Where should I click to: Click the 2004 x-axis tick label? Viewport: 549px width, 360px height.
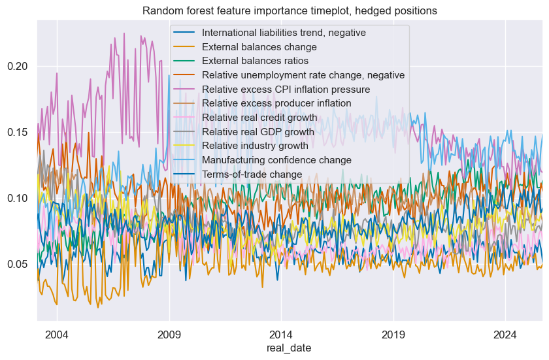57,333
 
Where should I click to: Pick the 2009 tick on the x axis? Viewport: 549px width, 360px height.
169,333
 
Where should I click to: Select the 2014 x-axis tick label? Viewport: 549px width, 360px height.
281,333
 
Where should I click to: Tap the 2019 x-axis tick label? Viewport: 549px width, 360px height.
393,333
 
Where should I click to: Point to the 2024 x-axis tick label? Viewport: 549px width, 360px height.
505,333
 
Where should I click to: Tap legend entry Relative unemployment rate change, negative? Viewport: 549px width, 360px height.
303,75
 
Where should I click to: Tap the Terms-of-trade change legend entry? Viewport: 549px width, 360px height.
252,174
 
